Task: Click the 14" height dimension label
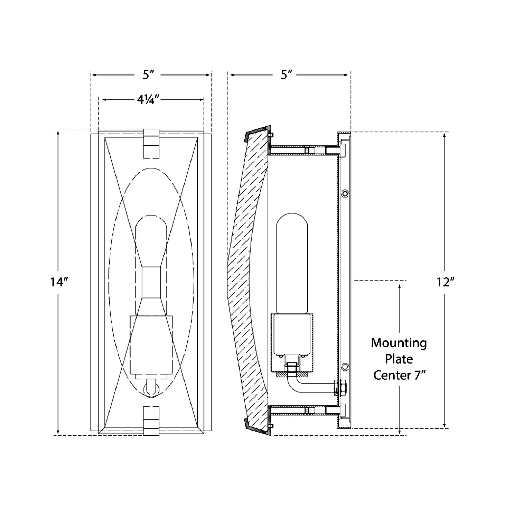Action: pos(59,282)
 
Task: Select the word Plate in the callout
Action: pos(399,359)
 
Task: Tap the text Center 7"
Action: pos(399,375)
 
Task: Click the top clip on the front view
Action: pos(151,144)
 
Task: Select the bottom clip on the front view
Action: pos(151,421)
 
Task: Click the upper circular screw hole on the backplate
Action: pos(346,194)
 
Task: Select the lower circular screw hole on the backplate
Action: pos(346,367)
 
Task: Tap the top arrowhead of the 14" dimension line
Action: pos(58,133)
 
